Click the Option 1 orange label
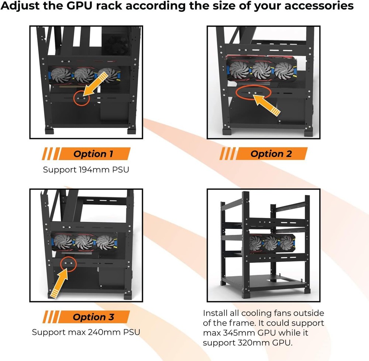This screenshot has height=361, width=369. pos(93,154)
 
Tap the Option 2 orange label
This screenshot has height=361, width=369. pos(270,154)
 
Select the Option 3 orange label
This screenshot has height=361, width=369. pos(93,317)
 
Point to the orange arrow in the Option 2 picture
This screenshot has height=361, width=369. pos(267,104)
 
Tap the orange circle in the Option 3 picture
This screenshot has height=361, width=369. pos(67,263)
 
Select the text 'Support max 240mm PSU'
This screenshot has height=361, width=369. pos(86,332)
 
